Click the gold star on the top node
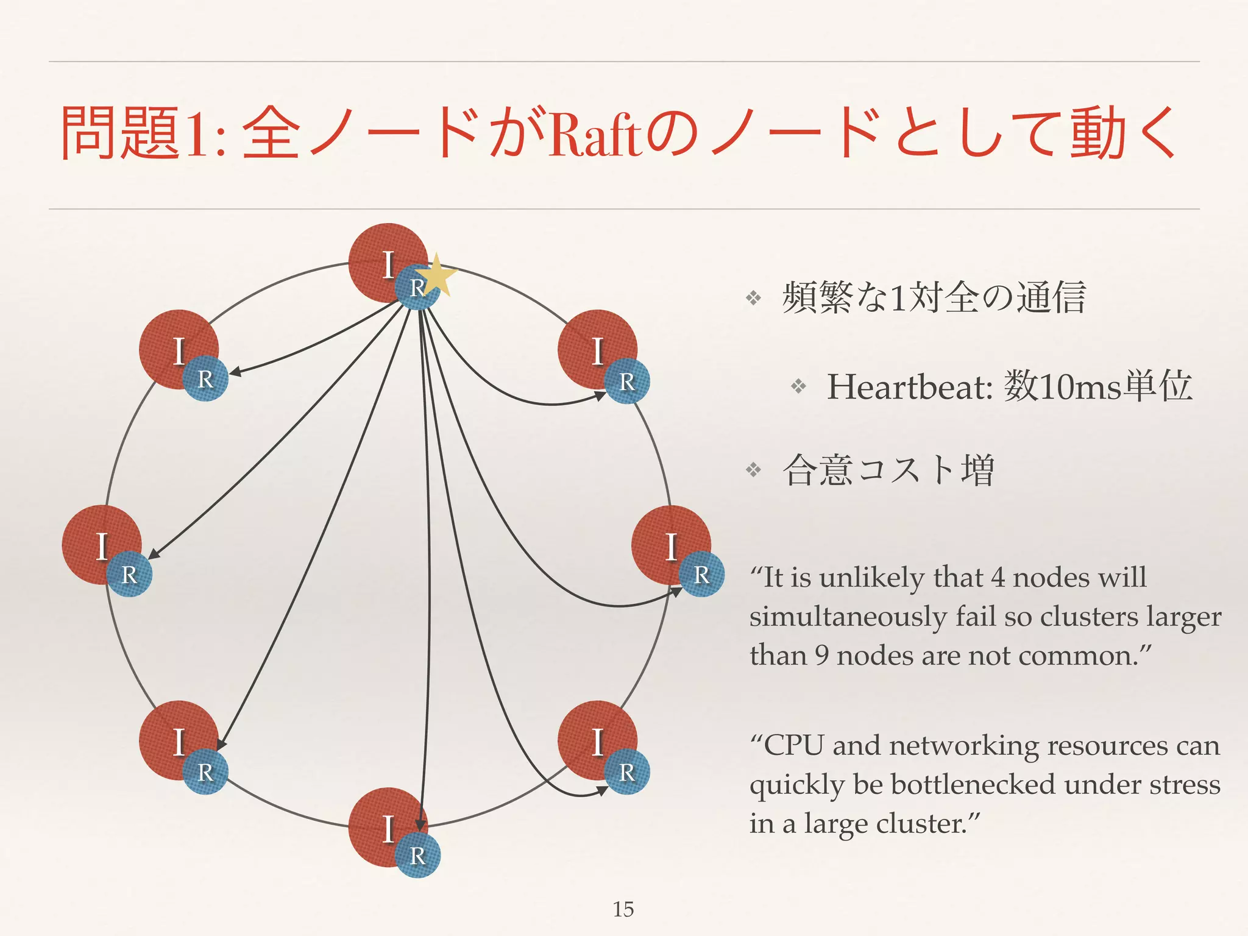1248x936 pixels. point(437,275)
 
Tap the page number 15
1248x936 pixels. point(623,909)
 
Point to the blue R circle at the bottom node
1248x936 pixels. point(417,855)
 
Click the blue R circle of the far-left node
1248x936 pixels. point(129,574)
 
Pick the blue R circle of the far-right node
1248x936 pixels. point(701,574)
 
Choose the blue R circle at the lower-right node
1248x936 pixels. point(627,772)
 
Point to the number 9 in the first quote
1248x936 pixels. point(821,656)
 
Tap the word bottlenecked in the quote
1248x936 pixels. point(973,784)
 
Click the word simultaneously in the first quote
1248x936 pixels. point(848,617)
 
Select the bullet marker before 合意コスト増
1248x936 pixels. point(754,470)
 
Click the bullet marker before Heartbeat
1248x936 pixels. point(798,386)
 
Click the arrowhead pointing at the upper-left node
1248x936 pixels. point(235,372)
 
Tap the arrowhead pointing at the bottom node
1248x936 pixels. point(420,826)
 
